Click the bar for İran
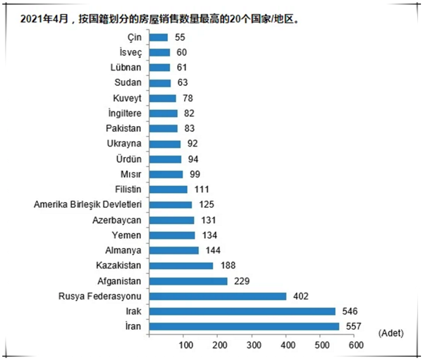coord(245,325)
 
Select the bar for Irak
coord(243,311)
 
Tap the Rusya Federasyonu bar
coord(218,296)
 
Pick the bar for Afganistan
coord(188,280)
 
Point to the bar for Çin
coord(159,37)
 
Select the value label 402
coord(300,296)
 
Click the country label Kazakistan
coord(119,266)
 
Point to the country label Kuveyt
coord(128,98)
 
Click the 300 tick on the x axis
coord(253,345)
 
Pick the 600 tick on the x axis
coord(356,345)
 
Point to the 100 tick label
coord(185,345)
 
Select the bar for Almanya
coord(174,250)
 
